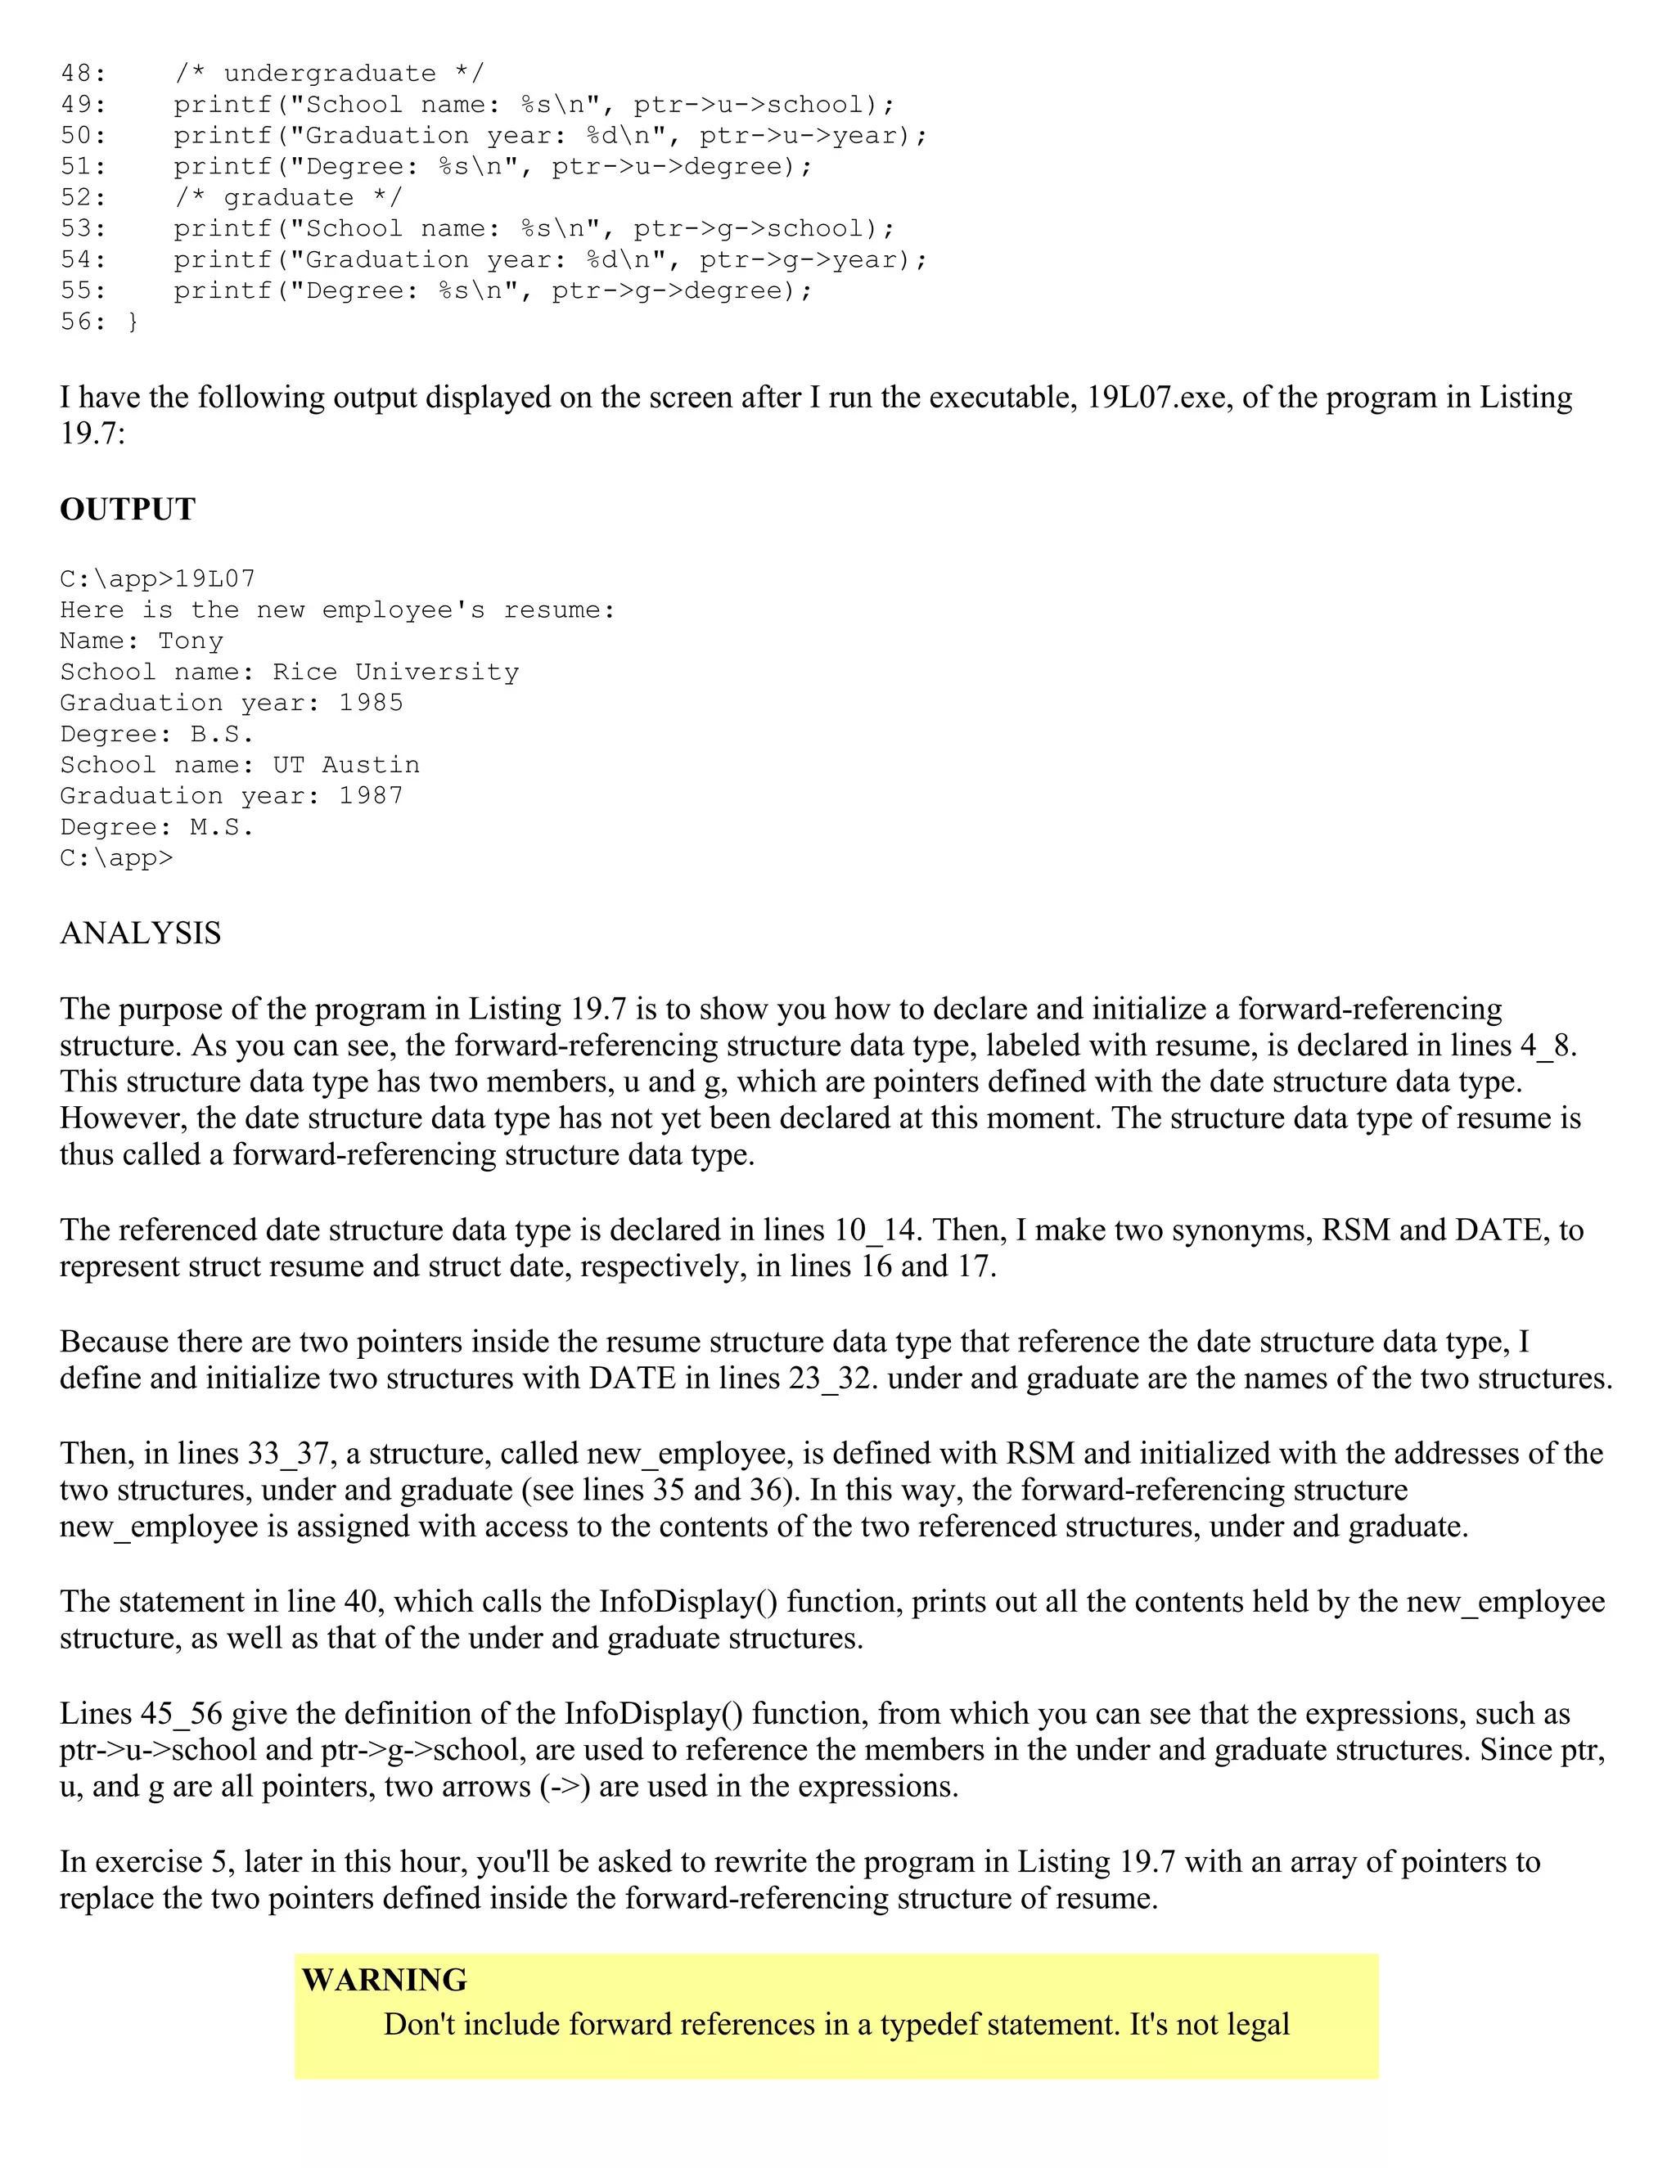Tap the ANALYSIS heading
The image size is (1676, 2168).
coord(140,933)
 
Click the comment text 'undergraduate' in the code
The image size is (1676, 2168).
coord(329,74)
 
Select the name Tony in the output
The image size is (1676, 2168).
coord(191,641)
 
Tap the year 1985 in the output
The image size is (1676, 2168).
coord(372,703)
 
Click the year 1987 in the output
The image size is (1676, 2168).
coord(372,796)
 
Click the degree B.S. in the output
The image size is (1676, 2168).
coord(223,735)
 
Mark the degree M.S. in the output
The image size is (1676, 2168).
coord(223,827)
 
